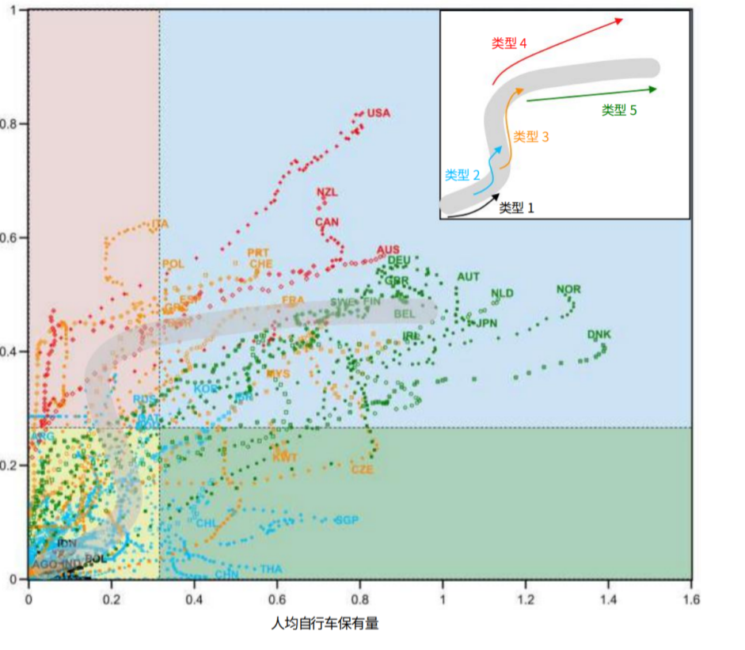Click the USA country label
379,113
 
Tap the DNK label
599,334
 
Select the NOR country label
568,290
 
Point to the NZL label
327,192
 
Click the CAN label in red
327,222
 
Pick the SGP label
347,520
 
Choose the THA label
271,569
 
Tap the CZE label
363,469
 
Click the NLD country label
502,294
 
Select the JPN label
486,323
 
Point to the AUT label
468,277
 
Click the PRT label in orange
258,253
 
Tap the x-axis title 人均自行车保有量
325,624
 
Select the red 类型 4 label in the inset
509,44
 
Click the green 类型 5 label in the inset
619,111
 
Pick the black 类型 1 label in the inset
517,207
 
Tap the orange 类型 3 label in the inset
531,137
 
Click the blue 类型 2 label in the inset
462,174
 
